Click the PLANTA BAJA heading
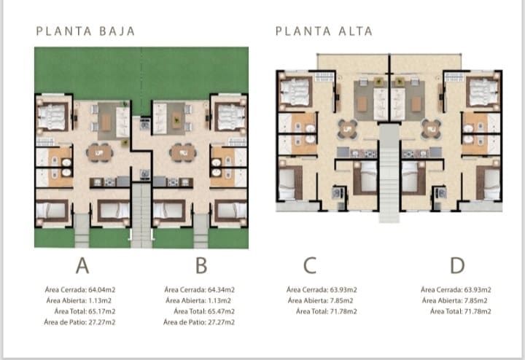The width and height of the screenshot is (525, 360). [85, 31]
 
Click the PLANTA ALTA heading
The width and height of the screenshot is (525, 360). [324, 31]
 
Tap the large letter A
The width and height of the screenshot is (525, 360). [82, 266]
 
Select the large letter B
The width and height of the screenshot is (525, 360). [201, 266]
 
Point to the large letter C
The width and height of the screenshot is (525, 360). [310, 266]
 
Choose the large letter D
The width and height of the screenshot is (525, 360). [457, 266]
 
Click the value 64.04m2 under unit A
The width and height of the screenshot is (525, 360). [102, 290]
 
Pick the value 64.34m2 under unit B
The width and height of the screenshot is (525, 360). [221, 290]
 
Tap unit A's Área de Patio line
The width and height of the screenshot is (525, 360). [79, 322]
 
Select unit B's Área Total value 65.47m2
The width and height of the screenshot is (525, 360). [221, 311]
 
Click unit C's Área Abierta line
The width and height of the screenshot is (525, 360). [320, 301]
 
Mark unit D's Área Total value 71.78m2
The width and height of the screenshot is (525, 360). [478, 311]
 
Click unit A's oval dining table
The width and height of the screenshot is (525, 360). [99, 153]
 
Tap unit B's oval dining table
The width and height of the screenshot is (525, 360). [183, 153]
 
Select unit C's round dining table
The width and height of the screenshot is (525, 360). [348, 129]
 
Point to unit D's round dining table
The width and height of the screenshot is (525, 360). [431, 129]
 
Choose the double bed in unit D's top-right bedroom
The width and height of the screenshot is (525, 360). [481, 92]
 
